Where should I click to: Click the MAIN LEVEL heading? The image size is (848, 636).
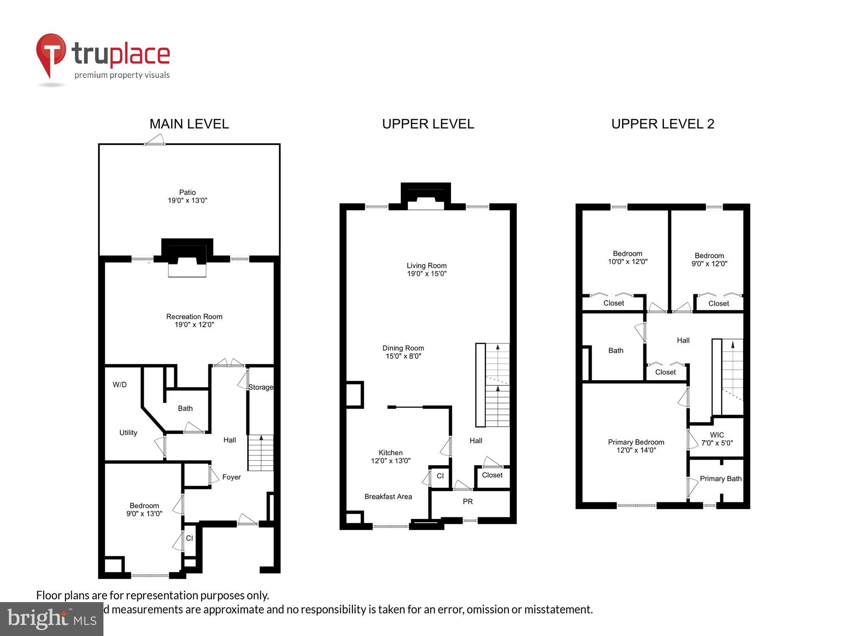[x=189, y=124]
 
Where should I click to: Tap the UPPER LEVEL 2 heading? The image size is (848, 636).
[x=663, y=124]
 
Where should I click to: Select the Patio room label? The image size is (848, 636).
[x=187, y=192]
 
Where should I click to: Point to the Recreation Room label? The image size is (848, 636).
[x=194, y=317]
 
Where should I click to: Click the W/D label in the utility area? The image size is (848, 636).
[x=120, y=385]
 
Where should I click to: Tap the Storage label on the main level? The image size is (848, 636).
[x=260, y=387]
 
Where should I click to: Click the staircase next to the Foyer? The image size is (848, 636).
[x=260, y=453]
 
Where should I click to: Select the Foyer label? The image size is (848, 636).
[x=231, y=477]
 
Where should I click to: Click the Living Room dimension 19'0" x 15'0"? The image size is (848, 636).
[x=427, y=274]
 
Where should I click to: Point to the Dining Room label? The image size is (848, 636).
[x=403, y=348]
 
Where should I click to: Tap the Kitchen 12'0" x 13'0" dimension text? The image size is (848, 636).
[x=391, y=461]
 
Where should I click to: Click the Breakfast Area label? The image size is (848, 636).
[x=388, y=497]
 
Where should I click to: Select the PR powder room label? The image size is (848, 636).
[x=468, y=502]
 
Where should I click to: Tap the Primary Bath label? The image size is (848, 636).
[x=720, y=479]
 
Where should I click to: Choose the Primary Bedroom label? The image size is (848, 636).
[x=636, y=442]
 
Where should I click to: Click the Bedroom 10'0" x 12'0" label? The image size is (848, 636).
[x=628, y=258]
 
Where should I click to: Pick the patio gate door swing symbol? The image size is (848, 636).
[x=155, y=140]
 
